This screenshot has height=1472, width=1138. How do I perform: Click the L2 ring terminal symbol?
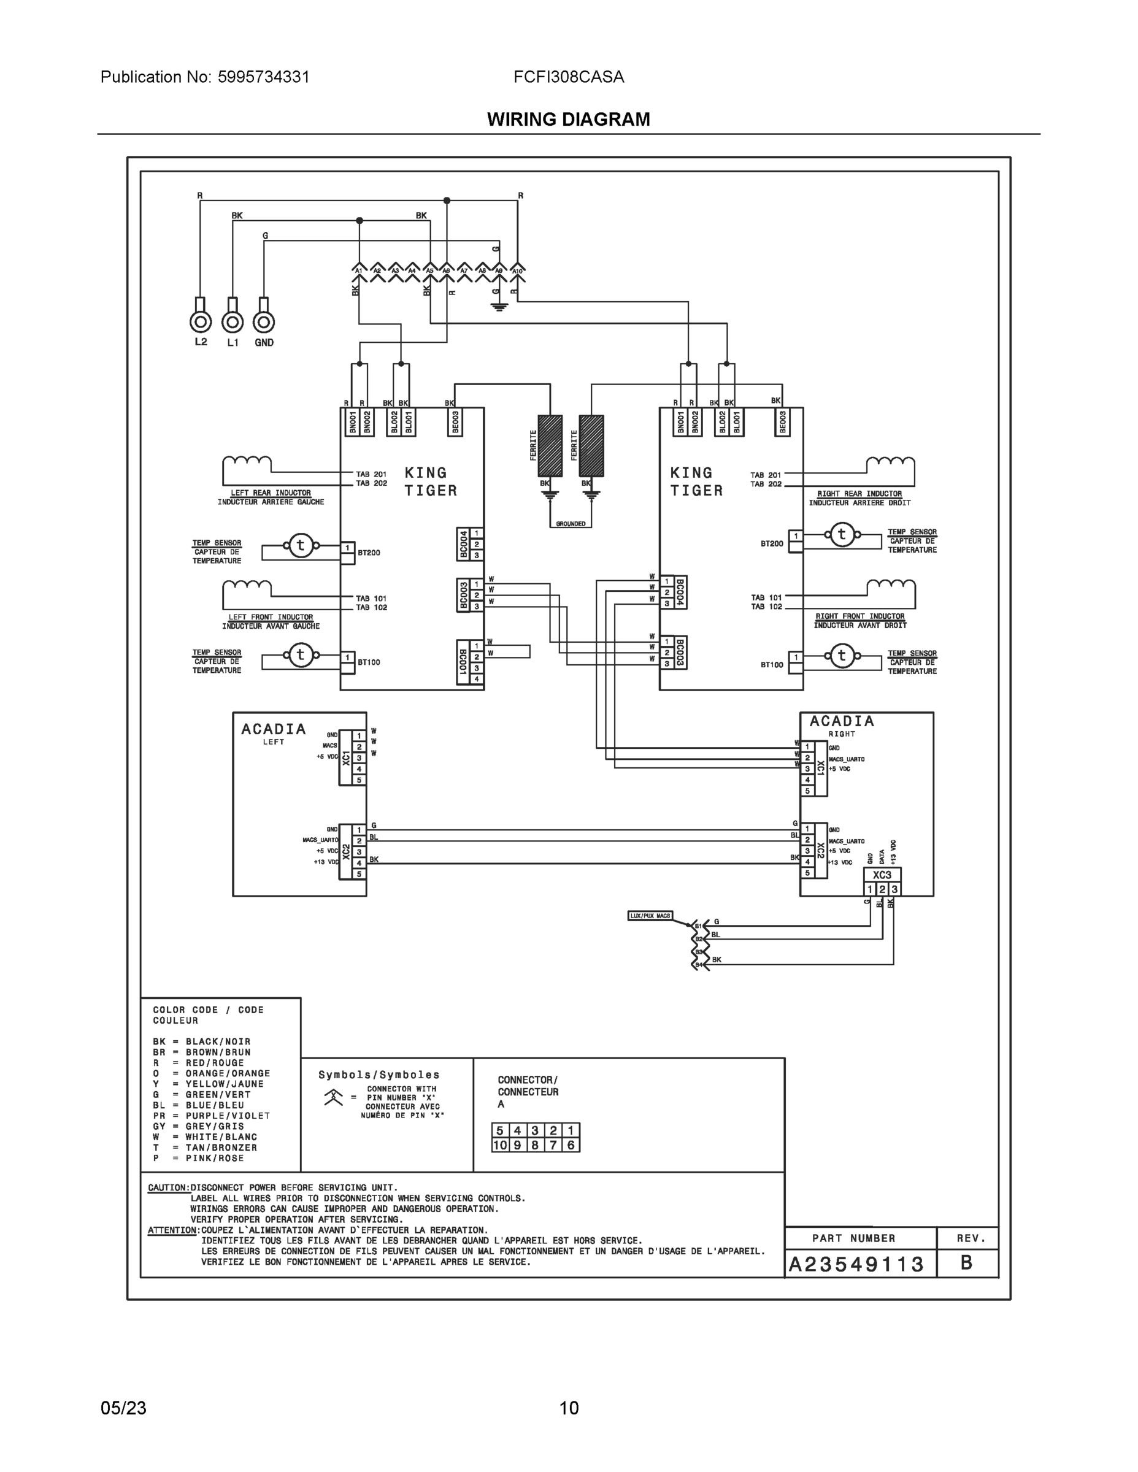click(200, 321)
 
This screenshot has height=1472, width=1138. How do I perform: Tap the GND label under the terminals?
click(264, 342)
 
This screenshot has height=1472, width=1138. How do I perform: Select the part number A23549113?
click(856, 1265)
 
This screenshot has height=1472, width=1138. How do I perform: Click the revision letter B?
click(966, 1263)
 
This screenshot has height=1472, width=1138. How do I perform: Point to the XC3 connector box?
click(882, 875)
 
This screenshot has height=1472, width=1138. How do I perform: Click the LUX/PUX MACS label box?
click(650, 915)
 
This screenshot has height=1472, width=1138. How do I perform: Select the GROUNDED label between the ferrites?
click(571, 524)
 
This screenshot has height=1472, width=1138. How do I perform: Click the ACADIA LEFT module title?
click(274, 730)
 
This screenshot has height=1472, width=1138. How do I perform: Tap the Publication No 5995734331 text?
click(205, 77)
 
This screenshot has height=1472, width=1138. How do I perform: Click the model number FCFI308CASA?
click(568, 77)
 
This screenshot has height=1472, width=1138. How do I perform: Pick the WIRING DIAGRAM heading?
click(568, 120)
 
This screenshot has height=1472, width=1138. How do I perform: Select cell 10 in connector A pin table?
click(499, 1145)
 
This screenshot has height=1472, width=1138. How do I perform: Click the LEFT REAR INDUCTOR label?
click(271, 493)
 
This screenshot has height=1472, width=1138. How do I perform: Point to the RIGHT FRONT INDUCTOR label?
click(859, 616)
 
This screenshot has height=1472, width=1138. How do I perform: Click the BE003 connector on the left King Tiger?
click(455, 423)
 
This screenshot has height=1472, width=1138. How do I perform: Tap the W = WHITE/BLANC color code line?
click(205, 1137)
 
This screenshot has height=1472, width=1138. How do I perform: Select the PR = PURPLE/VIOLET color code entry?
click(211, 1116)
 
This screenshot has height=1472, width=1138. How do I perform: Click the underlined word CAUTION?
click(168, 1187)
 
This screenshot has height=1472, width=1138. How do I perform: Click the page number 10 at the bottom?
click(568, 1408)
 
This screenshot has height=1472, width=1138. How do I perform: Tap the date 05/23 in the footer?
click(123, 1408)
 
